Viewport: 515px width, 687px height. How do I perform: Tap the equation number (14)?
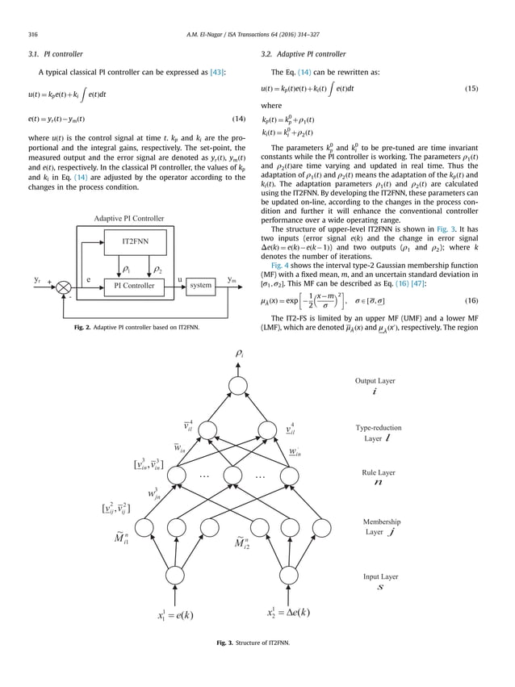coord(238,119)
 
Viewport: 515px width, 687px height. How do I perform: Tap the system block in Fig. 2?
coord(201,285)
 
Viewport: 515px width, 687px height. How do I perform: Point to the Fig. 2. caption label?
coord(77,326)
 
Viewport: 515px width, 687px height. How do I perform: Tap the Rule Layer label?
coord(376,472)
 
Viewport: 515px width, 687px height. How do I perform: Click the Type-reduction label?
coord(378,428)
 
